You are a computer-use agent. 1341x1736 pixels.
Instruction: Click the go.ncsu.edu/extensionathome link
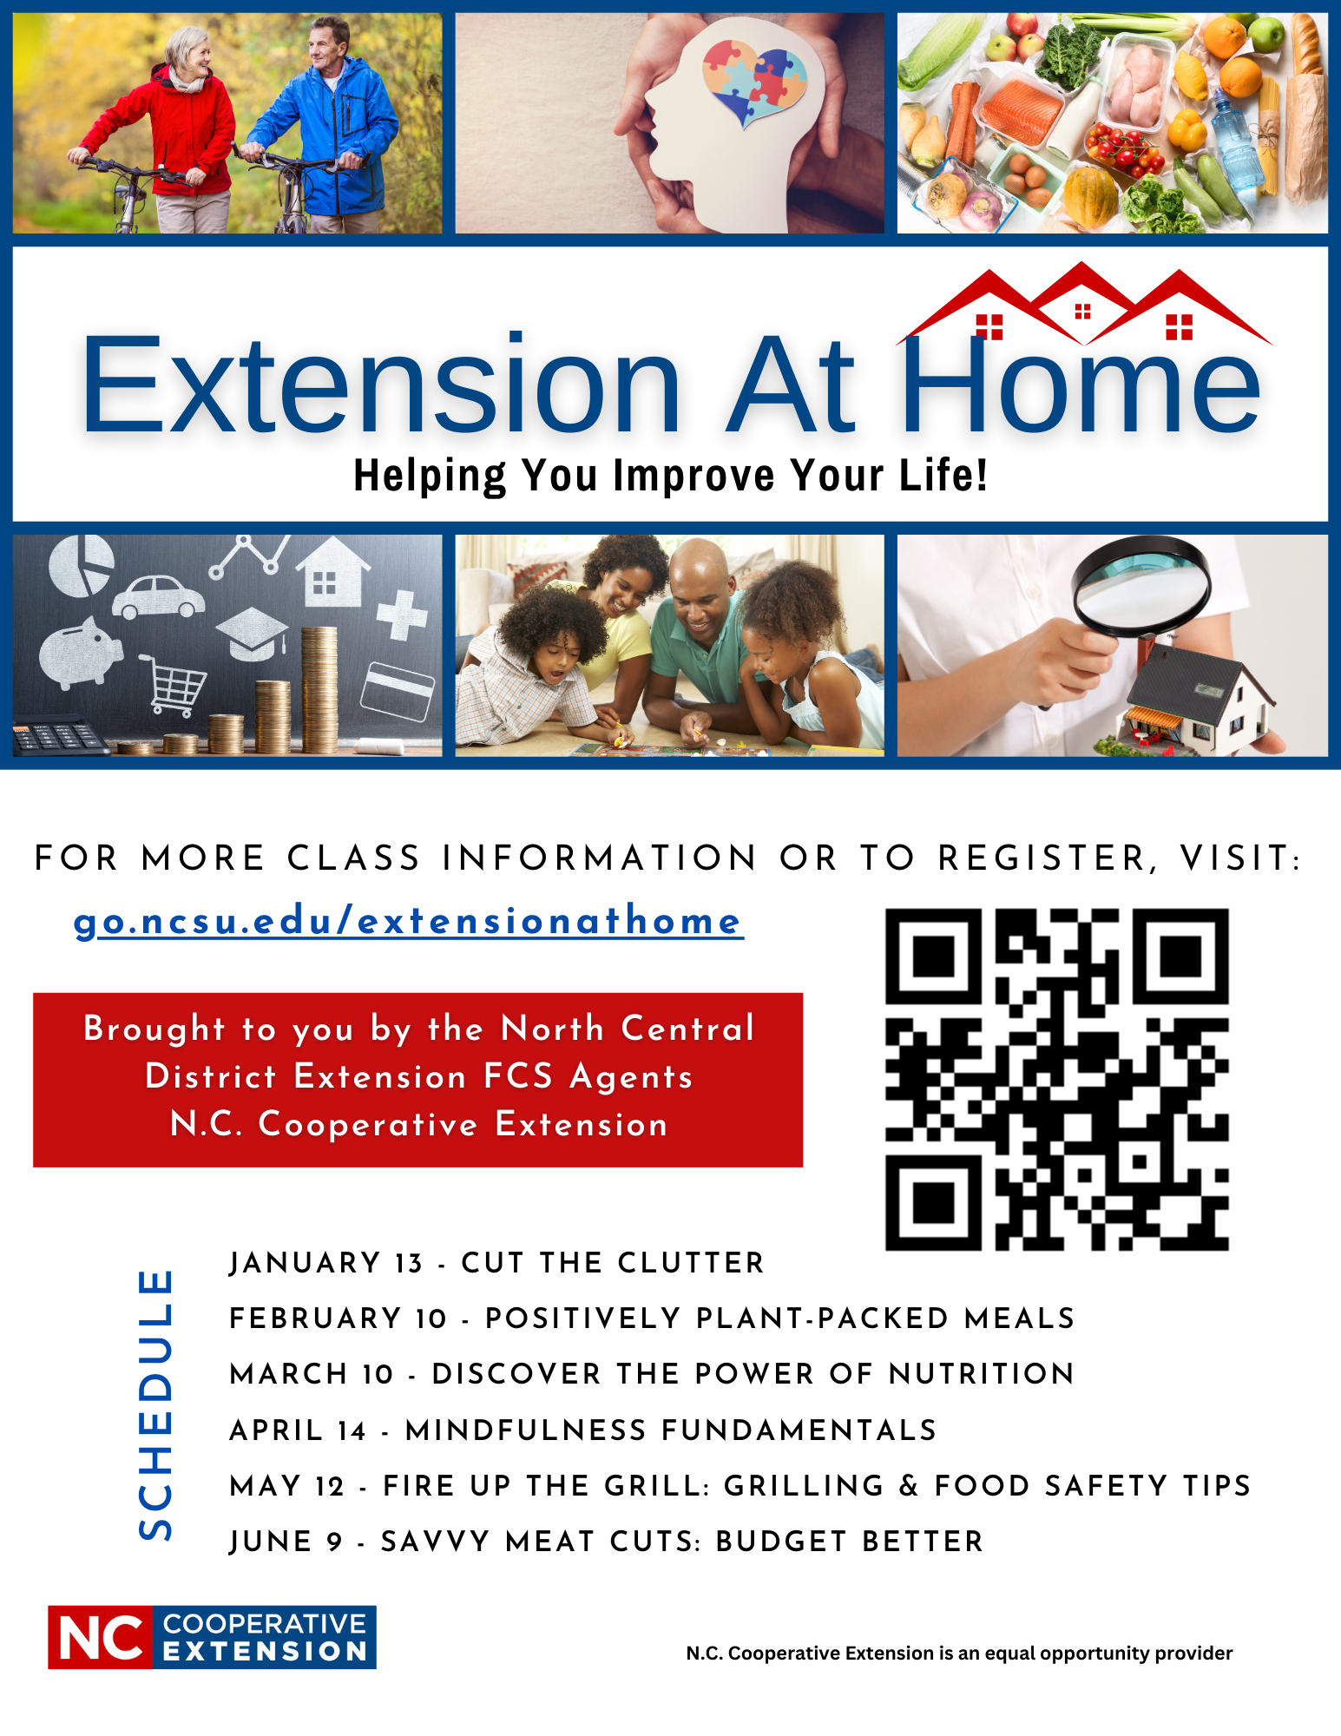click(408, 922)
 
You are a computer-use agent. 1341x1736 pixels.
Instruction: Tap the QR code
click(1056, 1079)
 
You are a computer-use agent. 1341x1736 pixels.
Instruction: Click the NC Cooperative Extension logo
click(212, 1637)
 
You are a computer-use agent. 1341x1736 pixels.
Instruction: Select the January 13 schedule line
click(496, 1263)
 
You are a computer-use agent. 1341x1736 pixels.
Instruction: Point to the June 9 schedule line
click(606, 1542)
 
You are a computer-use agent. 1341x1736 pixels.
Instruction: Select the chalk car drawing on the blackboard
click(158, 595)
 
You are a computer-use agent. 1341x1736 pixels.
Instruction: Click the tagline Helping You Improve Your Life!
click(670, 476)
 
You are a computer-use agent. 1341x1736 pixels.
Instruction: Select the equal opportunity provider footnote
click(959, 1653)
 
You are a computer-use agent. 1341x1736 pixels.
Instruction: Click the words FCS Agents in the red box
click(588, 1076)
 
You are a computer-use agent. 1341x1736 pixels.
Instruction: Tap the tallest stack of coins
click(319, 690)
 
